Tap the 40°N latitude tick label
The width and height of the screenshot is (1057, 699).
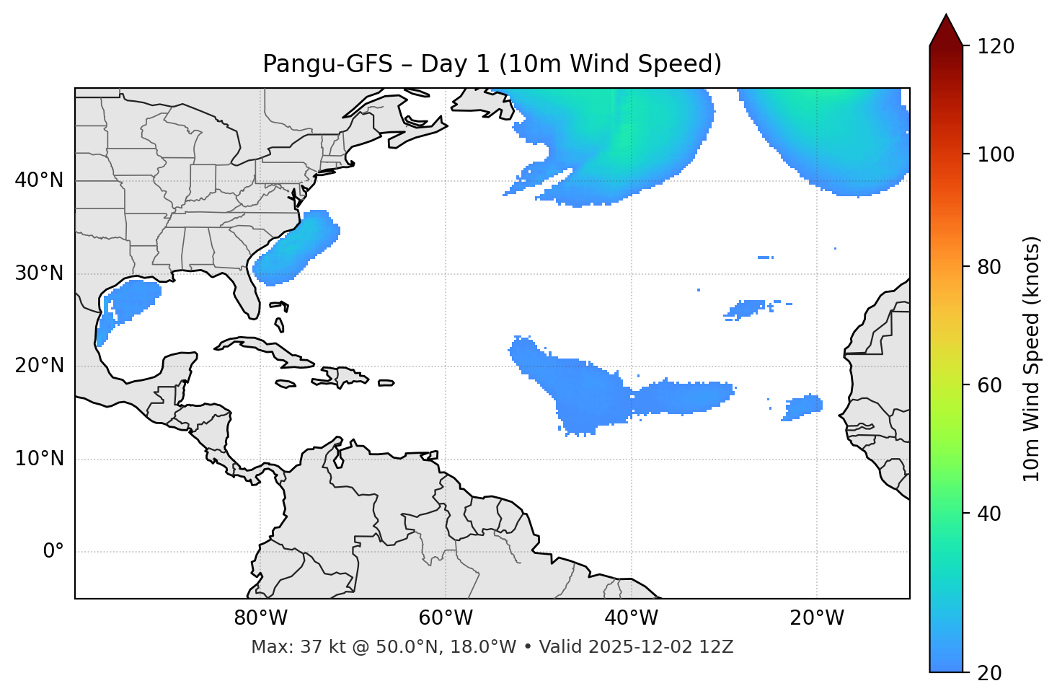[x=39, y=180]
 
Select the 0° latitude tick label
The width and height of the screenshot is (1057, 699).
[x=53, y=552]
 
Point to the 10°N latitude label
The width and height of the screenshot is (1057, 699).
[x=39, y=459]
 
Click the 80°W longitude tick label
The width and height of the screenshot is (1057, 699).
[x=260, y=618]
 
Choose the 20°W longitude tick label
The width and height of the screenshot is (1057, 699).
[x=817, y=618]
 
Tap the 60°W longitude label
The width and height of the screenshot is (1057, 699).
[x=446, y=618]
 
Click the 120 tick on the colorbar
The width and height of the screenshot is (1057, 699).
[x=995, y=47]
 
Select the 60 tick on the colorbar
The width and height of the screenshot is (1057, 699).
[x=995, y=385]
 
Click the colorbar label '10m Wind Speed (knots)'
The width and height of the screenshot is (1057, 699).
[x=1032, y=359]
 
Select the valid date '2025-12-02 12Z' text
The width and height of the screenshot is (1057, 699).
[x=660, y=647]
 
